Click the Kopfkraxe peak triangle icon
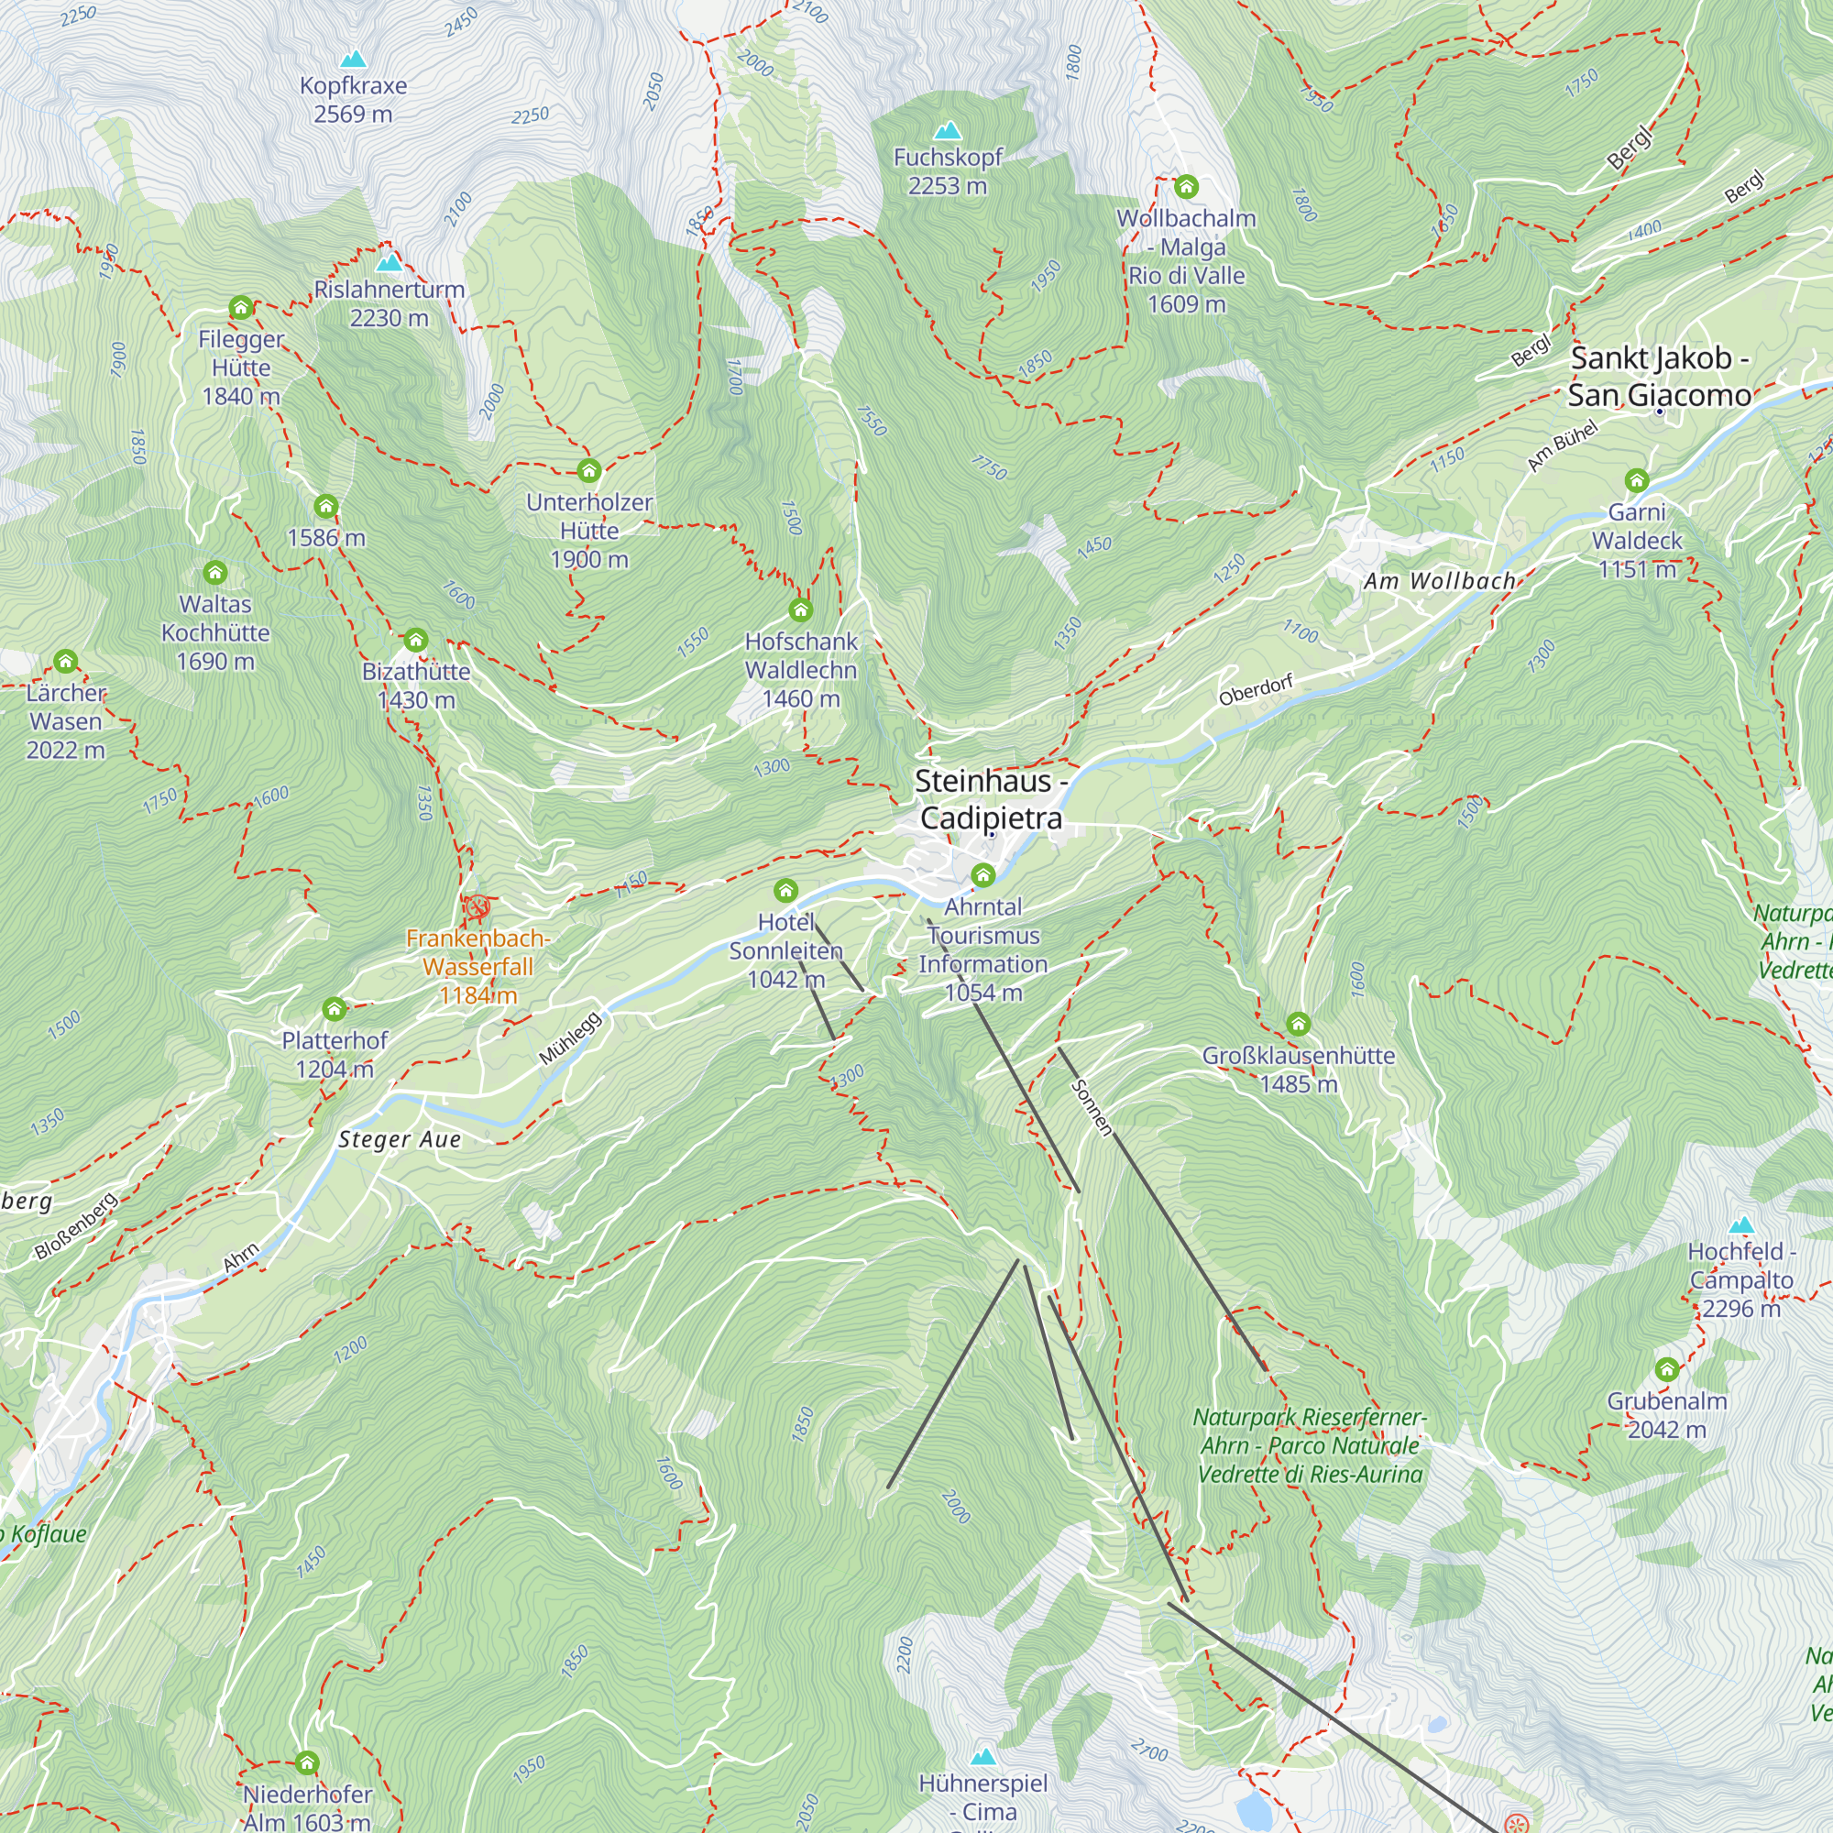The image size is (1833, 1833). tap(353, 60)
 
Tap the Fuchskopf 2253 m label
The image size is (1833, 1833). tap(947, 171)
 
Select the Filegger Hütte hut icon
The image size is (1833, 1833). tap(241, 307)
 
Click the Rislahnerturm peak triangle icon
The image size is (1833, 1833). tap(389, 263)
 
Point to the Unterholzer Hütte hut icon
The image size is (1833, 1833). tap(589, 470)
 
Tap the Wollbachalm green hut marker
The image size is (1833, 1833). tap(1186, 187)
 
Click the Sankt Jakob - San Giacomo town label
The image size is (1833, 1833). tap(1659, 377)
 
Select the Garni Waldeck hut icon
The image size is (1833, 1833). tap(1637, 480)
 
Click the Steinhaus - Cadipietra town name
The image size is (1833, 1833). tap(992, 800)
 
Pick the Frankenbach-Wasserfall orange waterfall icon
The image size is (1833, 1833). tap(477, 907)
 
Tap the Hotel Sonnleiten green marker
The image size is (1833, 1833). tap(785, 891)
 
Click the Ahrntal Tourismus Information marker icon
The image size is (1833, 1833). tap(982, 874)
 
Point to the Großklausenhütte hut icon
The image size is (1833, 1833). tap(1298, 1025)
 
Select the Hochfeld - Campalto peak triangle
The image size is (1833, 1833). tap(1741, 1224)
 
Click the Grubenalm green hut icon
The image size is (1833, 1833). tap(1667, 1370)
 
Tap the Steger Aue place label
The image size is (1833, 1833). tap(400, 1139)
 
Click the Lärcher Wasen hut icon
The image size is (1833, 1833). tap(65, 662)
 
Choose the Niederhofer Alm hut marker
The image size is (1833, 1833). tap(306, 1763)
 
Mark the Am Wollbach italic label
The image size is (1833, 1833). tap(1439, 582)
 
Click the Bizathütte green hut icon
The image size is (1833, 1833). tap(415, 640)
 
